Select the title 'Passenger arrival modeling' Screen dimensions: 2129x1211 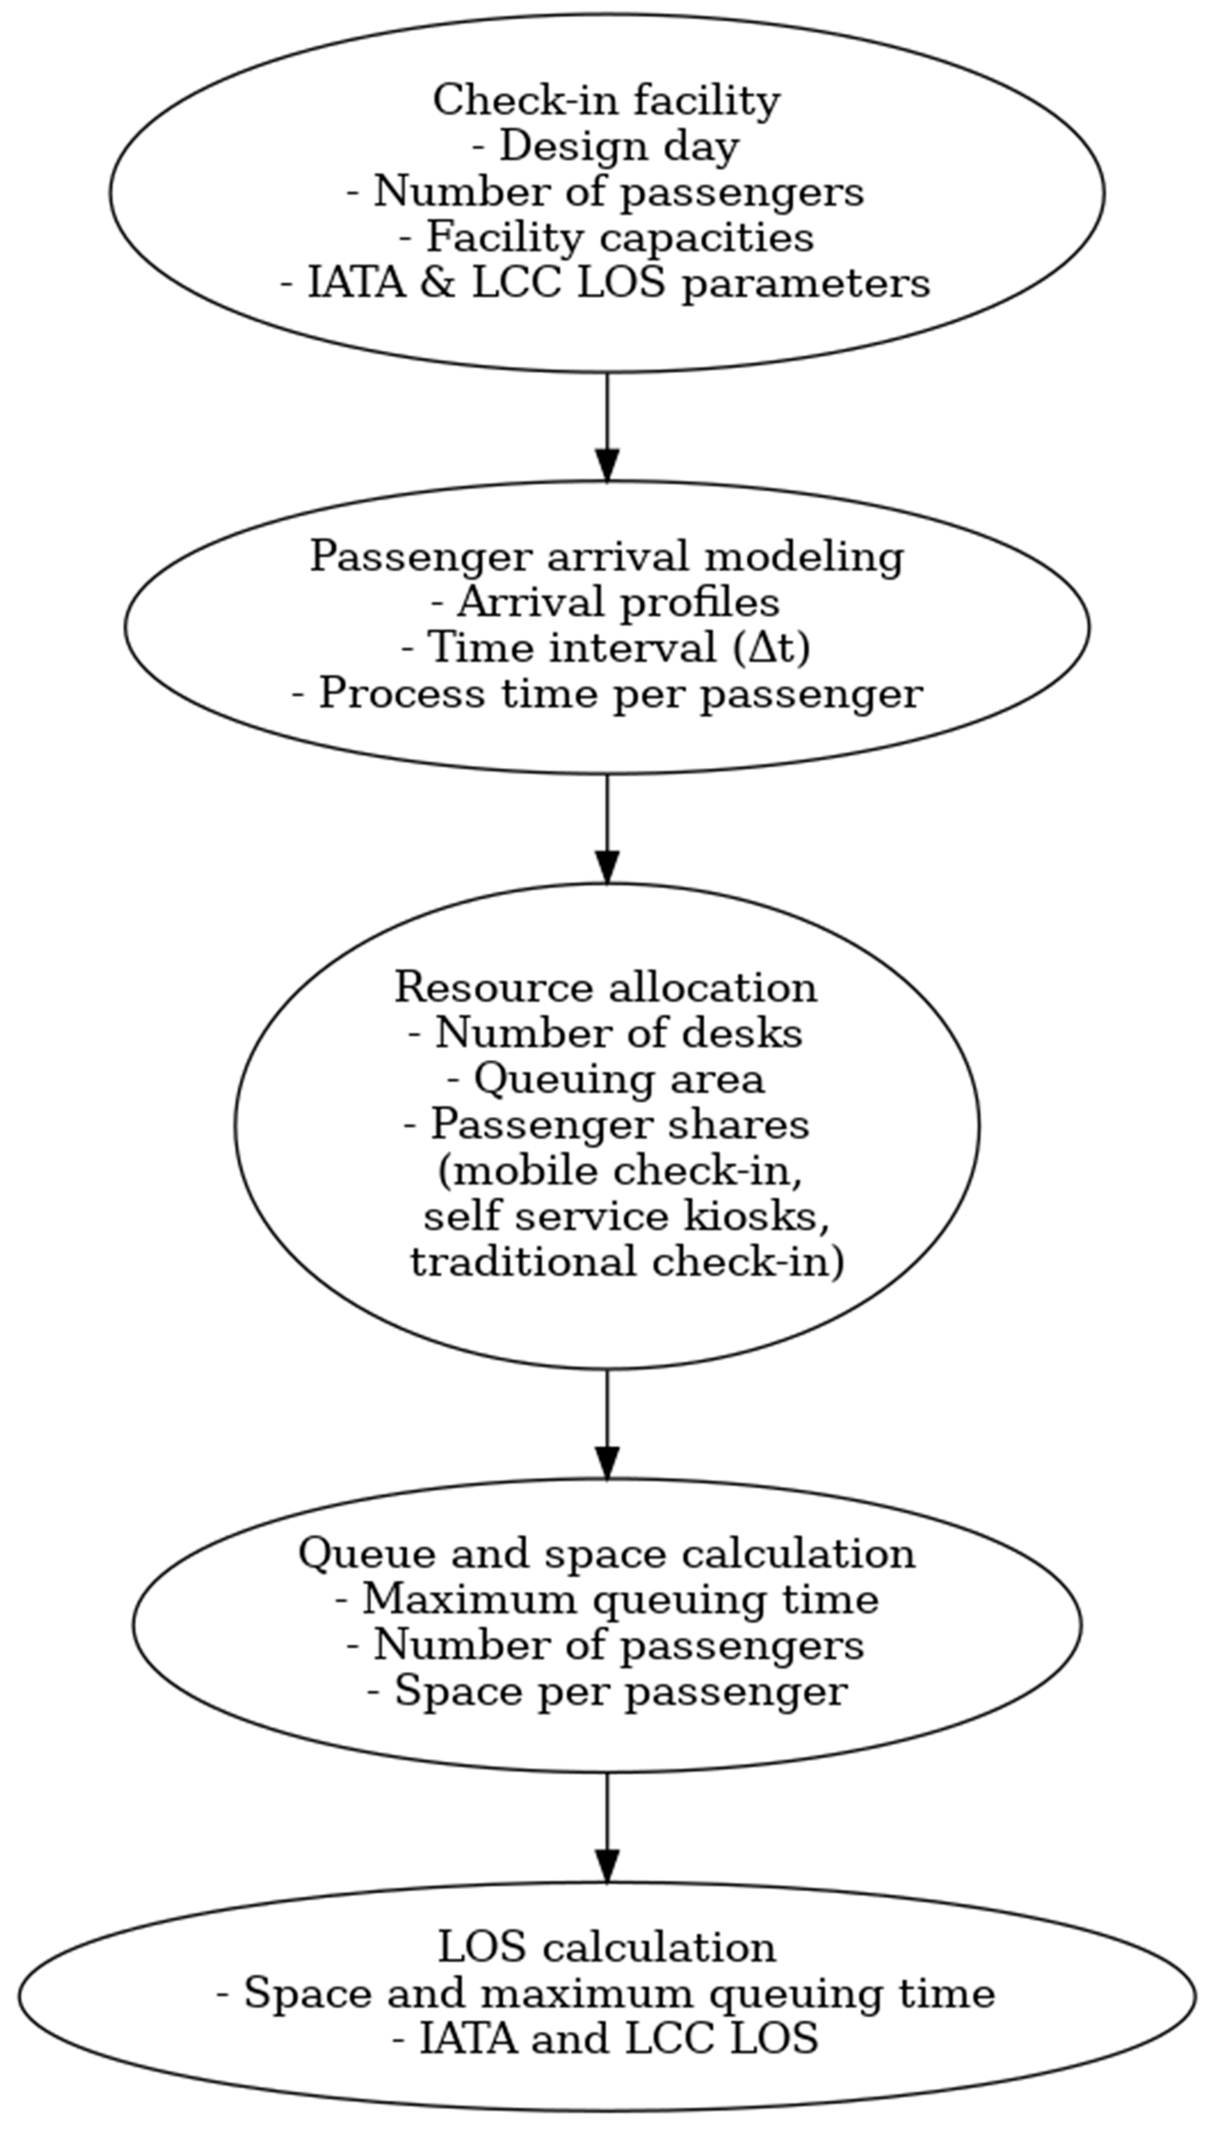(x=606, y=556)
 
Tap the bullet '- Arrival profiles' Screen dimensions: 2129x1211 (x=606, y=602)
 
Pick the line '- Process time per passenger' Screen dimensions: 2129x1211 (x=606, y=694)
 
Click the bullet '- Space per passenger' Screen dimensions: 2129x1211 (x=606, y=1691)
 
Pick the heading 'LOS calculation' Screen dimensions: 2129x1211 (x=606, y=1948)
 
